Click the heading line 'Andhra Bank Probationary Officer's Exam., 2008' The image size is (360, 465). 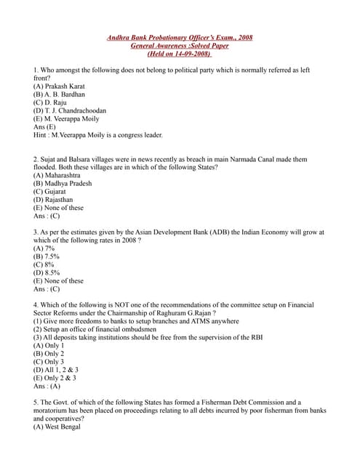pos(180,37)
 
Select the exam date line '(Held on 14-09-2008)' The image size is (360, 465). pos(179,54)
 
